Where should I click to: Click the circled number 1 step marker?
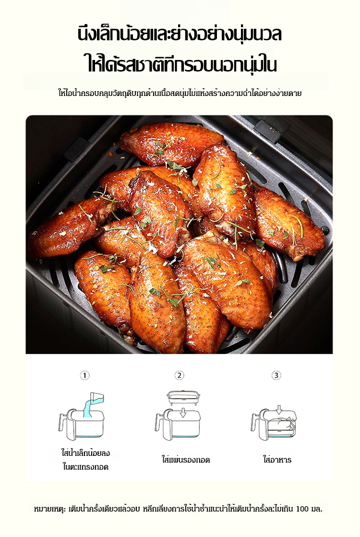84,375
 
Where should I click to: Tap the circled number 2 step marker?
179,375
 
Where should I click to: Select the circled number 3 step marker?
276,375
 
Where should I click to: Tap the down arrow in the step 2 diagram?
183,412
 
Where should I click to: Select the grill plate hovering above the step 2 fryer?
183,398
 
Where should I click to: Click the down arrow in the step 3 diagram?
279,409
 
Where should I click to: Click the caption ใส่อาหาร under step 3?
277,460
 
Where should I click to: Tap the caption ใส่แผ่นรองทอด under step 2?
186,460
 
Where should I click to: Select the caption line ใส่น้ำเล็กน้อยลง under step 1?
85,453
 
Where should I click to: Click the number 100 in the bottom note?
302,509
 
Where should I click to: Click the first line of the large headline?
180,35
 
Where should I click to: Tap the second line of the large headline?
181,64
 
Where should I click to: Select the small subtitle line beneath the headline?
180,93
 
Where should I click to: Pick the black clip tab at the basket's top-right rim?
267,131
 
